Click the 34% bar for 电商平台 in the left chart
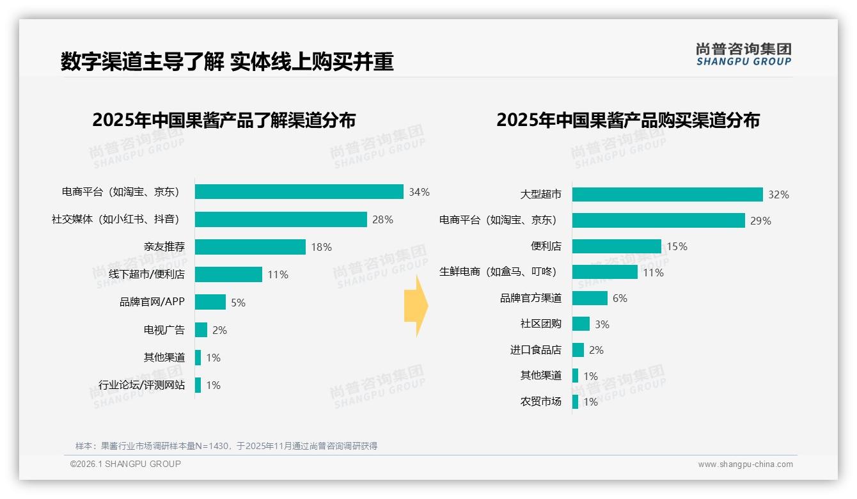coord(299,192)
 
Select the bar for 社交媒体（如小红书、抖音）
coord(281,219)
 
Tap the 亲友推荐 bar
coord(250,247)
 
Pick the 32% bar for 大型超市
coord(667,194)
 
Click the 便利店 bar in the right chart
coord(617,246)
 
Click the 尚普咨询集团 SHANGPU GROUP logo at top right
coord(743,54)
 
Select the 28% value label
coord(382,219)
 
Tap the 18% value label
coord(321,247)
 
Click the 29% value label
coord(760,221)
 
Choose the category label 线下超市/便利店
coord(146,274)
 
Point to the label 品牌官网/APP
coord(152,302)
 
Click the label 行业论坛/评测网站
coord(141,385)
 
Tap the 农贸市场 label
coord(540,402)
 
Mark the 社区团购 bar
coord(581,324)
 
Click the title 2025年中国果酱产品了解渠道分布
coord(224,120)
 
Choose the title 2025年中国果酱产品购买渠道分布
coord(627,120)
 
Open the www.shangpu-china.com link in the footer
coord(745,464)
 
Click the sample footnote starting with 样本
coord(226,446)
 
